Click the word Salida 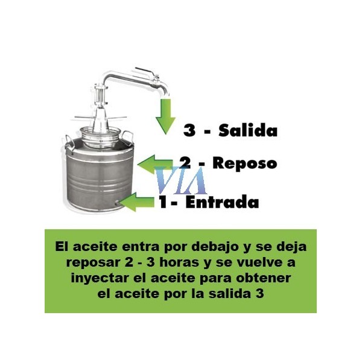[x=248, y=130]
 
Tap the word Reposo [x=245, y=163]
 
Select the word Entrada [x=222, y=202]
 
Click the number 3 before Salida [x=189, y=131]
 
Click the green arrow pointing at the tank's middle [x=155, y=164]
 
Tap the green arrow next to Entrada [x=137, y=202]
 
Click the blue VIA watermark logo [x=181, y=180]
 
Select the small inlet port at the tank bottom [x=116, y=203]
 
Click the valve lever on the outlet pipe [x=145, y=71]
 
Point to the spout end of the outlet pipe [x=166, y=93]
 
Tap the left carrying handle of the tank [x=69, y=145]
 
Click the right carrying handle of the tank [x=128, y=137]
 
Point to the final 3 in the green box [x=260, y=294]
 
